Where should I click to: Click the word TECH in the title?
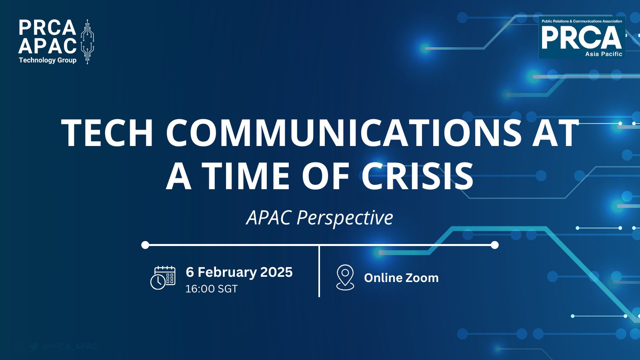click(x=107, y=133)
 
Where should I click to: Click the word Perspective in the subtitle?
click(x=345, y=218)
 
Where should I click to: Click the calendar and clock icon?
click(x=163, y=277)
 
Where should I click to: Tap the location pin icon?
click(x=345, y=277)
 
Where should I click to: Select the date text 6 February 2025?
click(x=239, y=272)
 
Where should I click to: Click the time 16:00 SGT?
click(x=211, y=289)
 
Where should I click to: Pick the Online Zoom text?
click(x=401, y=278)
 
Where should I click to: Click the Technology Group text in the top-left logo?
click(x=48, y=60)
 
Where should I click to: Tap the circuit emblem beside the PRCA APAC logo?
click(x=87, y=42)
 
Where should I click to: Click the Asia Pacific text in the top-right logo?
click(x=604, y=54)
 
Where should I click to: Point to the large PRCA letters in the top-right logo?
click(x=581, y=38)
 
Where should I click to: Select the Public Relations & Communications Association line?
click(x=582, y=21)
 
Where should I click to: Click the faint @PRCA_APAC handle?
click(x=69, y=346)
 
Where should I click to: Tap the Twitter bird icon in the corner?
click(x=34, y=346)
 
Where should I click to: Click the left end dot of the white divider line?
click(x=145, y=245)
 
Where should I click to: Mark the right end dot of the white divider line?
click(x=494, y=245)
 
